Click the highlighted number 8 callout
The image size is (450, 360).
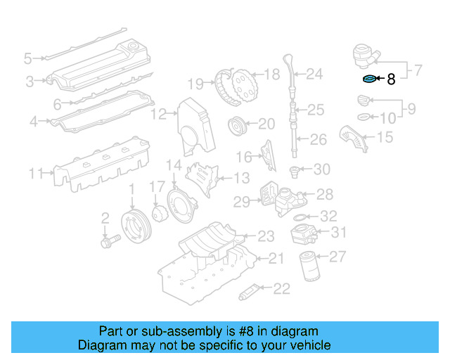391,79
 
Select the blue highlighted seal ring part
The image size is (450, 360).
369,79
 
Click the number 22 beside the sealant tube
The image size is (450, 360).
281,288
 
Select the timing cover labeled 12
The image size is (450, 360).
189,127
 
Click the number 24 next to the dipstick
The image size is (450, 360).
314,73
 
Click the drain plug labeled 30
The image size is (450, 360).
297,169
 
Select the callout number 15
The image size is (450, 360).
385,137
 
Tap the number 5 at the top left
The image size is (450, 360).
27,58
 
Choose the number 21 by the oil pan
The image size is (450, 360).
276,259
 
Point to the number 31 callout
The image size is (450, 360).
339,233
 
